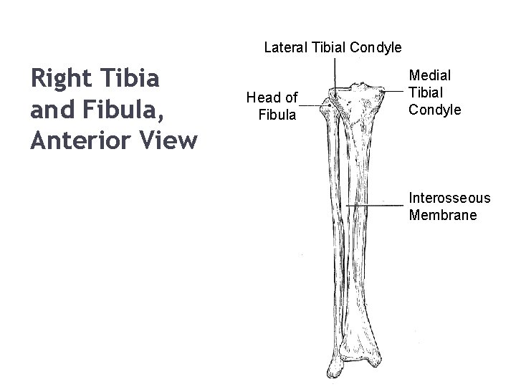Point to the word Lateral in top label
(286, 48)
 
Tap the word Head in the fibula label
(262, 97)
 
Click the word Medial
(427, 74)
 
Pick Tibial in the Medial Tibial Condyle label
(426, 92)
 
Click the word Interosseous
(449, 197)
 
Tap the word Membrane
(442, 215)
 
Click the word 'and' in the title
(51, 109)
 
